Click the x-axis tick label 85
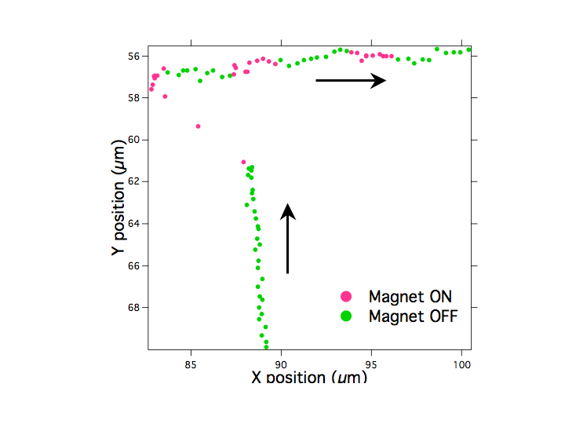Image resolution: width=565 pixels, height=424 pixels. (x=191, y=364)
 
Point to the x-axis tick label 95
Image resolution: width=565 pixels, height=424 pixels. (x=372, y=364)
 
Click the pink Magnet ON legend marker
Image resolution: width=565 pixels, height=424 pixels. (x=346, y=297)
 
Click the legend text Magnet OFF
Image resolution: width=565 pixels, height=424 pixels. (x=412, y=316)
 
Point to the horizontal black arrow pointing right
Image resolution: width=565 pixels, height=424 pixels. (x=351, y=80)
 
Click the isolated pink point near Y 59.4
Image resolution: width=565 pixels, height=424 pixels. (x=198, y=126)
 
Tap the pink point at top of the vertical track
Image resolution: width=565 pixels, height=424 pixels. (x=243, y=162)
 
